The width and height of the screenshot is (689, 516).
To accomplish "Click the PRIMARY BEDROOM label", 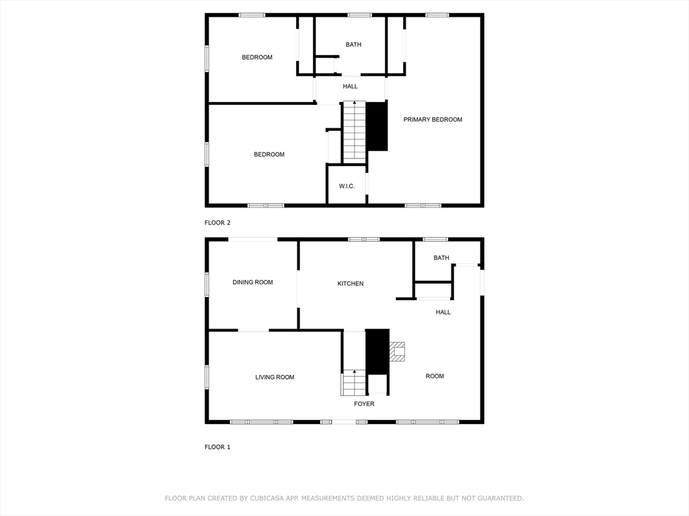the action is pos(433,120).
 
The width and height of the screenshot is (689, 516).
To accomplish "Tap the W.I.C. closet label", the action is pos(347,186).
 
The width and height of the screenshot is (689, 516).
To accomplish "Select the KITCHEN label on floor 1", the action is pos(350,284).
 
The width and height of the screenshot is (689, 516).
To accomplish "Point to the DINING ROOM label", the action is pos(253,282).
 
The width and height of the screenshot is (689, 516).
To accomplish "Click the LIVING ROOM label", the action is pos(275,377).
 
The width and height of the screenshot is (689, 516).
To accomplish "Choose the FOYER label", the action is pos(364,404).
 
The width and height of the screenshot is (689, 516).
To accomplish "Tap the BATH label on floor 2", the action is pos(353,44).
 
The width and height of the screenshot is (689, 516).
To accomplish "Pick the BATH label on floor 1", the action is pos(441,257).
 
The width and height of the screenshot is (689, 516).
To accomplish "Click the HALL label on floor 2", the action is pos(350,87).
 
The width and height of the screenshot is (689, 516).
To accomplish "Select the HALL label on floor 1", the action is pos(443,312).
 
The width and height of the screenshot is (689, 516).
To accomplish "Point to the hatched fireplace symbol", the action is pos(397,351).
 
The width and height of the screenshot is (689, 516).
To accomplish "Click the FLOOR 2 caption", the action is pos(217,222).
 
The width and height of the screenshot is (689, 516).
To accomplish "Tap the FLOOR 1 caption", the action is pos(217,447).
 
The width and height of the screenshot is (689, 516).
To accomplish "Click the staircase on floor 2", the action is pos(354,132).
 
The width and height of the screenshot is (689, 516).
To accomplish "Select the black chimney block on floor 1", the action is pos(377,351).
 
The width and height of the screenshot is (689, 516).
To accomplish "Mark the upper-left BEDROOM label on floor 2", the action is pos(257,57).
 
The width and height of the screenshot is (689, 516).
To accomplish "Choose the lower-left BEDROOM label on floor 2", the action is pos(269,155).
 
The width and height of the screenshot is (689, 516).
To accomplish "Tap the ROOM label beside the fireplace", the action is pos(435,376).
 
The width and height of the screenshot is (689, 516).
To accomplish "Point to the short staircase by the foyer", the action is pos(354,382).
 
